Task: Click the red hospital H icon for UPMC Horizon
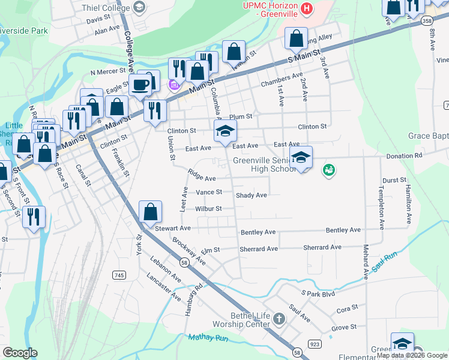pos(307,8)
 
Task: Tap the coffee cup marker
pos(140,85)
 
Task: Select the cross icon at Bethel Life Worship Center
pos(279,317)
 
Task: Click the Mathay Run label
pos(208,338)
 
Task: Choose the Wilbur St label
pos(208,209)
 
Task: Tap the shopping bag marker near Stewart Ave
pos(150,212)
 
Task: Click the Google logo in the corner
pos(20,353)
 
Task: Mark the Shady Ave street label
pos(251,195)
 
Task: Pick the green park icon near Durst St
pos(328,170)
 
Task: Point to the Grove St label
pos(344,328)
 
